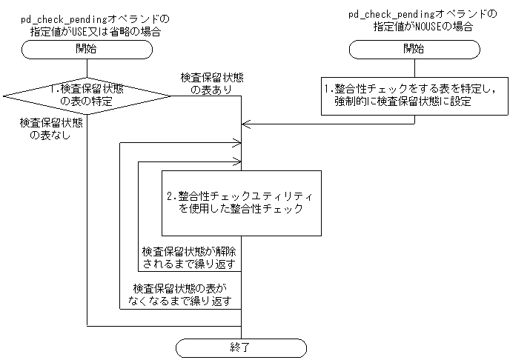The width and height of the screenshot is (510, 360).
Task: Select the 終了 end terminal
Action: pyautogui.click(x=242, y=347)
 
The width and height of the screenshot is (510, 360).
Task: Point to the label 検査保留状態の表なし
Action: pyautogui.click(x=51, y=129)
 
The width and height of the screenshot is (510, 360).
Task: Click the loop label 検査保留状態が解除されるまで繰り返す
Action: pyautogui.click(x=189, y=257)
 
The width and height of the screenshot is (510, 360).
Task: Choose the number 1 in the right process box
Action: pyautogui.click(x=328, y=88)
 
